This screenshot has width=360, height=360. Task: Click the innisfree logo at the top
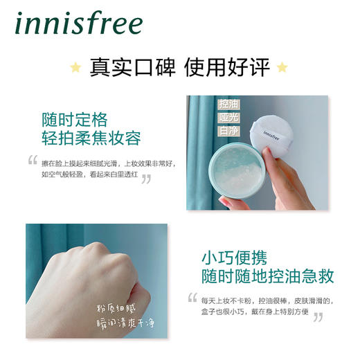pos(76,25)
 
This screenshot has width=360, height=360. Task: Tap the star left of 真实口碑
pos(75,67)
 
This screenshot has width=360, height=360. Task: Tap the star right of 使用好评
pos(282,67)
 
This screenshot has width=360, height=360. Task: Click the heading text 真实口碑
pos(129,67)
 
